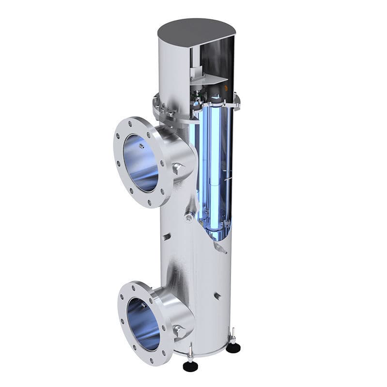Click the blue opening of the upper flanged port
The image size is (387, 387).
(x=140, y=162)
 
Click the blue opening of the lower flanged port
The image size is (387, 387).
(x=143, y=324)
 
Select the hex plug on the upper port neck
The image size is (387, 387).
(x=178, y=169)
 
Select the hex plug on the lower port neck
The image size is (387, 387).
(x=179, y=331)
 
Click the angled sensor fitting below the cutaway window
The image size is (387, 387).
(x=220, y=249)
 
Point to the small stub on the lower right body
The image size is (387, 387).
(x=217, y=296)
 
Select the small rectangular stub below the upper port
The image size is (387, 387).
(x=167, y=237)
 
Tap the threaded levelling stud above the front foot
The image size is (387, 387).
(x=190, y=352)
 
